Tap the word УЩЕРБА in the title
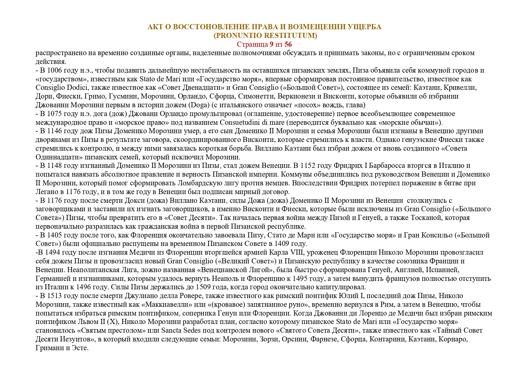pos(365,27)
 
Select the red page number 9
pos(272,45)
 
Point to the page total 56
pos(288,45)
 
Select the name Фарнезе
pos(322,339)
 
